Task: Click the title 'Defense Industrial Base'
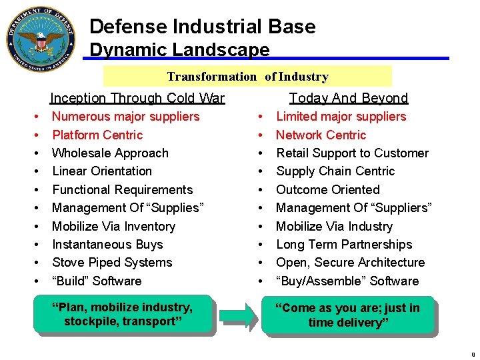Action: coord(202,27)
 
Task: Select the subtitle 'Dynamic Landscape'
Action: coord(179,50)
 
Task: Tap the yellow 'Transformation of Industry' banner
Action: coord(247,77)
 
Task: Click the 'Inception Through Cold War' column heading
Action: coord(138,98)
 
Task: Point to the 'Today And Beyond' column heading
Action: coord(349,98)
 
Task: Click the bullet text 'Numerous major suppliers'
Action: coord(125,117)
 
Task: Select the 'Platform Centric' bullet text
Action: coord(97,135)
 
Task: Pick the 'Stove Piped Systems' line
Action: coord(112,263)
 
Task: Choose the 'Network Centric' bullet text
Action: coord(321,135)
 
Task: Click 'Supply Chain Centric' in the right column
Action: coord(335,171)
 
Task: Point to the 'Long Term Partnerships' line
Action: coord(344,244)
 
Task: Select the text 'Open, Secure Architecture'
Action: coord(350,263)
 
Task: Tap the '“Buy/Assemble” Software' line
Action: coord(347,281)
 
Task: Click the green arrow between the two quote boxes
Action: coord(238,314)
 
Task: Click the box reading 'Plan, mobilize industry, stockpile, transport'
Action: coord(126,314)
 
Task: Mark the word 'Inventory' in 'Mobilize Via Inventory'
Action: coord(147,226)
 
